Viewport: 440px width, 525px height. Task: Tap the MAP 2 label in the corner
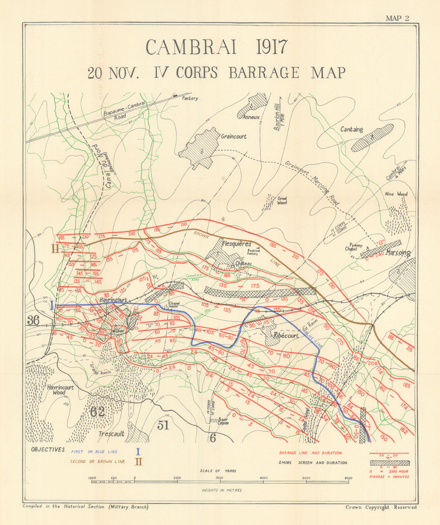click(397, 18)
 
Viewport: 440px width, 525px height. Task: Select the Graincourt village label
click(234, 137)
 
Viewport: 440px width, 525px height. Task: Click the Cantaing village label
click(352, 130)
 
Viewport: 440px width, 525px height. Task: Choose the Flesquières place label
click(237, 244)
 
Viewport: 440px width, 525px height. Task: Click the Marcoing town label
click(398, 253)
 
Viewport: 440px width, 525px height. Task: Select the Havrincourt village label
click(114, 300)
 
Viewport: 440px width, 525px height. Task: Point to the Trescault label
click(110, 434)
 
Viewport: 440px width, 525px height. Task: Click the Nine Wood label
click(396, 194)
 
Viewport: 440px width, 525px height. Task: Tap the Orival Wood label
click(282, 201)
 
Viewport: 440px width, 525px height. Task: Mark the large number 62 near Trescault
click(97, 412)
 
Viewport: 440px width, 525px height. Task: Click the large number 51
click(163, 425)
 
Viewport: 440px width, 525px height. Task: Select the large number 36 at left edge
click(33, 320)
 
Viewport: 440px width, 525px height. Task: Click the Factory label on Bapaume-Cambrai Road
click(190, 98)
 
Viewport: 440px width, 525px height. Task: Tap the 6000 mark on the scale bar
click(348, 478)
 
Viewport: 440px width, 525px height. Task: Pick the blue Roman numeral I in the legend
click(138, 451)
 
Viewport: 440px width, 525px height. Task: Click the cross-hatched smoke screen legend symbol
click(389, 463)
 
